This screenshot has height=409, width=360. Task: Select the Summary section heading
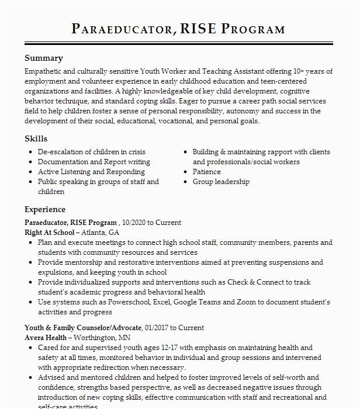(x=44, y=58)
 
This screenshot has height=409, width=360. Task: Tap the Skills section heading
(x=36, y=138)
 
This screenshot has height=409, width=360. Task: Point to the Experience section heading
(x=45, y=209)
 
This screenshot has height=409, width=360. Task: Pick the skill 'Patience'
(x=207, y=172)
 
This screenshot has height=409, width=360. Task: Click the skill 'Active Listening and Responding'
(x=91, y=172)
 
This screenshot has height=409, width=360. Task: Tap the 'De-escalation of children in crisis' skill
(x=92, y=152)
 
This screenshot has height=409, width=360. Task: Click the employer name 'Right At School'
(x=50, y=232)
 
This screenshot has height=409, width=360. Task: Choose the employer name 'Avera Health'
(x=46, y=338)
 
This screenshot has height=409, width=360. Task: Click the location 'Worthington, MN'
(x=102, y=338)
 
